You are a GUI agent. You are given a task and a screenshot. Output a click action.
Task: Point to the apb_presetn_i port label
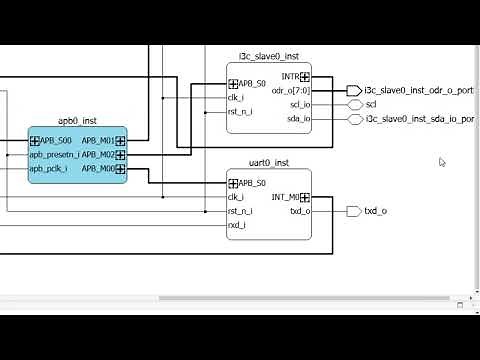[54, 155]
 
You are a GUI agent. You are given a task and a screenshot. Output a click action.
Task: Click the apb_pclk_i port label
[49, 169]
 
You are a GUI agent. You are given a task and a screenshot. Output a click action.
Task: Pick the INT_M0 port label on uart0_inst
[285, 197]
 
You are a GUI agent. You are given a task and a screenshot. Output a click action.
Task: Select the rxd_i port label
[237, 225]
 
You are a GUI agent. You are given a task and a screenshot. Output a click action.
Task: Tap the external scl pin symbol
[354, 104]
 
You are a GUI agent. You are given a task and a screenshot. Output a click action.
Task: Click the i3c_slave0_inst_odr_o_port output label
[419, 90]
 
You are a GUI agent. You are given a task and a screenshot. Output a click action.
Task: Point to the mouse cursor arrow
[442, 162]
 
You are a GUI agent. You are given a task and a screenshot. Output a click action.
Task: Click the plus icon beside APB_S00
[34, 141]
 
